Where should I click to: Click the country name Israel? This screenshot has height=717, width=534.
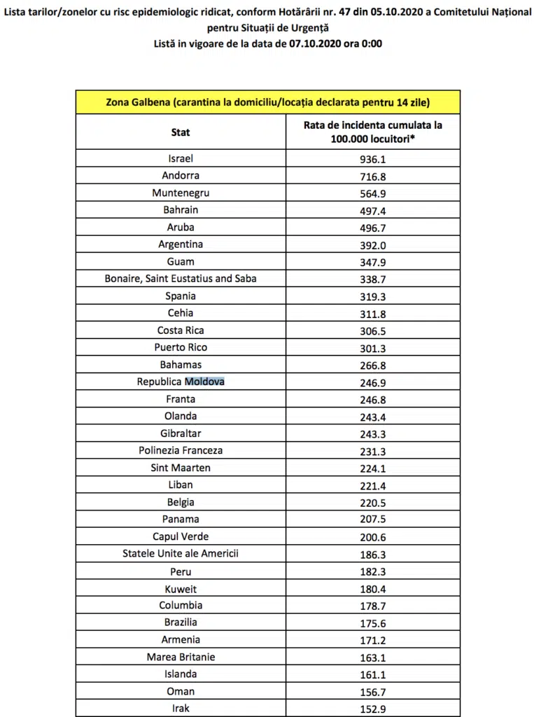181,158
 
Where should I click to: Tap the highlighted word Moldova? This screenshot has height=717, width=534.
204,382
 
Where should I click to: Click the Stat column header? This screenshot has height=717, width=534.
181,132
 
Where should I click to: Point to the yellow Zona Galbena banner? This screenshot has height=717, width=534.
267,102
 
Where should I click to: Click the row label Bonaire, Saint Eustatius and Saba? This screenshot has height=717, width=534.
181,279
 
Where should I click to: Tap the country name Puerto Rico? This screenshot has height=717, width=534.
181,347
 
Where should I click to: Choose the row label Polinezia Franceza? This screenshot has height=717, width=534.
181,450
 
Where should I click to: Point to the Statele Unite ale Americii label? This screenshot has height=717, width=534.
181,553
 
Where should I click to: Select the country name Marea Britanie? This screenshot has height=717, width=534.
181,657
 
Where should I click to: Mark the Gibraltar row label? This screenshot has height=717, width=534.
181,433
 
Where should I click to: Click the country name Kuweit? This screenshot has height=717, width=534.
181,588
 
